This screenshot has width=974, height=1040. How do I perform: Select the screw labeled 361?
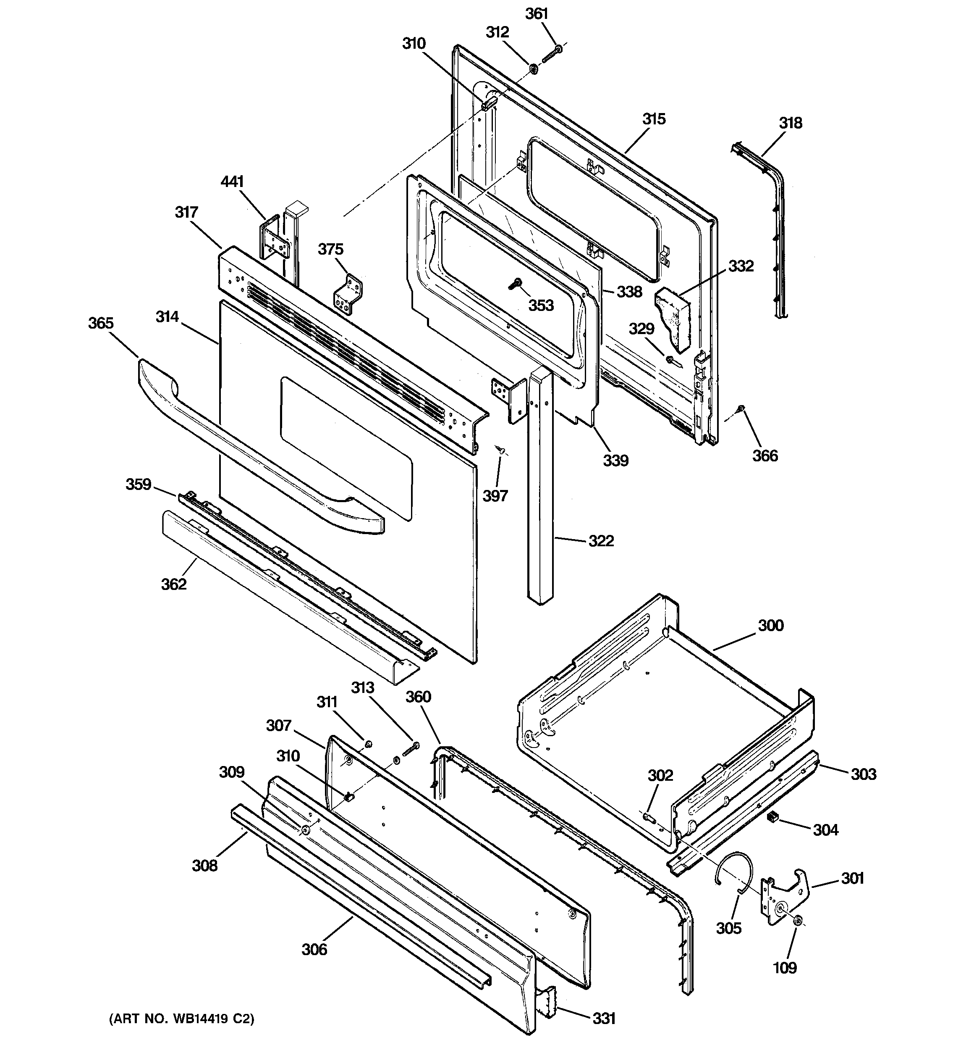tap(551, 53)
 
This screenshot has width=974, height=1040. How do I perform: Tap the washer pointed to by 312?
tap(533, 68)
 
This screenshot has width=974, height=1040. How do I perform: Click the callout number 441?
tap(232, 182)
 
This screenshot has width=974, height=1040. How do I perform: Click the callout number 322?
tap(601, 540)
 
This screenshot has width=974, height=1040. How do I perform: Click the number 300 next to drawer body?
tap(771, 625)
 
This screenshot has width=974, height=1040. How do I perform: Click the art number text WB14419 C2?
tap(181, 1019)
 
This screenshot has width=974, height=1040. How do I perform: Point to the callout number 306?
tap(314, 949)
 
